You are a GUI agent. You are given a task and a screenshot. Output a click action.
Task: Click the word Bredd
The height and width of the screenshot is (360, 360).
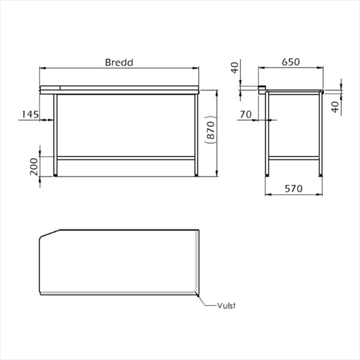coord(119,62)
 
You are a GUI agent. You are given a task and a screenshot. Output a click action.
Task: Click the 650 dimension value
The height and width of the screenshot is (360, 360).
coord(290,62)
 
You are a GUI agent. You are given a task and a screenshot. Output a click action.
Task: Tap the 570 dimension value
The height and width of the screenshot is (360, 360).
coord(293,189)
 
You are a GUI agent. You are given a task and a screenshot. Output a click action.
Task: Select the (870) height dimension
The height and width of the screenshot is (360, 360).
coord(211,130)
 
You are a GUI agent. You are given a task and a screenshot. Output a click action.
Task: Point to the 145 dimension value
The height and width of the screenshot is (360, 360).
coord(31,115)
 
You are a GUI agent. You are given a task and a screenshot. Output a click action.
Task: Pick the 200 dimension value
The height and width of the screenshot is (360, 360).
coord(34,167)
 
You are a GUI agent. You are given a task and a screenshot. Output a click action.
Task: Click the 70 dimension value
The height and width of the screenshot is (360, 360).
coord(245,115)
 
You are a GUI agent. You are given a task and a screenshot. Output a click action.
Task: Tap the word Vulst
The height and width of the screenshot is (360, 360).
coord(226,306)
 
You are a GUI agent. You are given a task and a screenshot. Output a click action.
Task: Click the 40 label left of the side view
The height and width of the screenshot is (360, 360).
coord(235,68)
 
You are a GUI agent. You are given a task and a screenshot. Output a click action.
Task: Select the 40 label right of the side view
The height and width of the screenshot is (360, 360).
coord(335,107)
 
